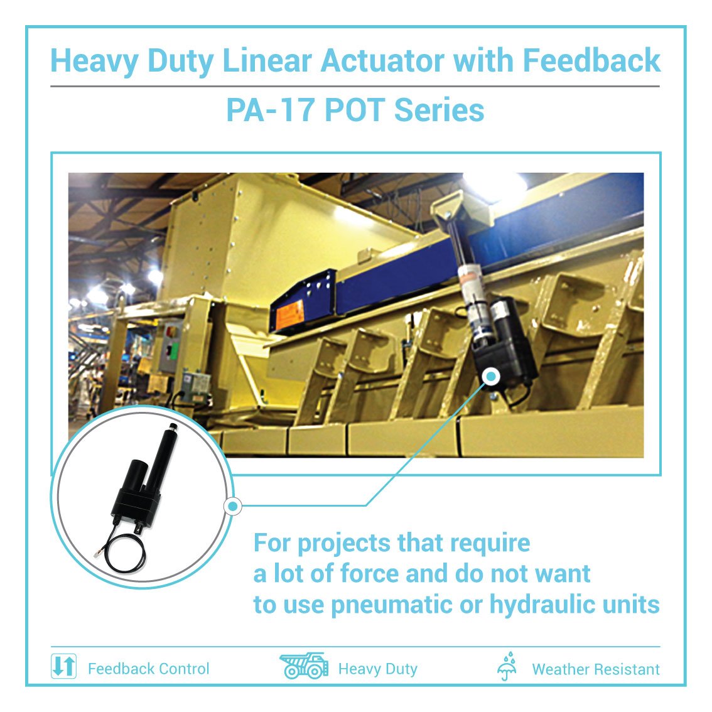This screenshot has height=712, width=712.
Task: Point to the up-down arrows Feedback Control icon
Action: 63,666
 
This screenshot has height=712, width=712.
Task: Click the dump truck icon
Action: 304,666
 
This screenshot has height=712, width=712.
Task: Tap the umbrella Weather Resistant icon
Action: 507,667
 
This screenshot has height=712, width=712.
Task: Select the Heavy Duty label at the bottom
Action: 377,669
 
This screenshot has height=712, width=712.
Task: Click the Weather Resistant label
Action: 595,669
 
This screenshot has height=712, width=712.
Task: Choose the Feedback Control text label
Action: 148,669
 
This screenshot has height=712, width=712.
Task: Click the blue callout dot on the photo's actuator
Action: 490,376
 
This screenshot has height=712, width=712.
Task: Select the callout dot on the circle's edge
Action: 233,505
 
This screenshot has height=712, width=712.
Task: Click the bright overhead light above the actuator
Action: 496,183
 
